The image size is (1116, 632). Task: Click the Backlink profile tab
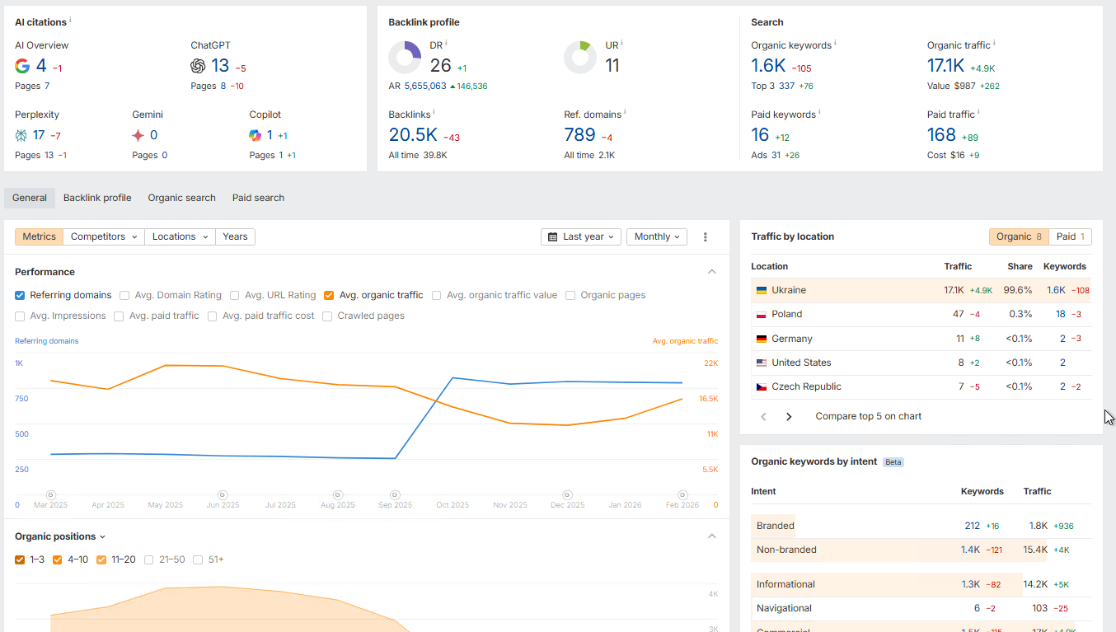[x=97, y=198]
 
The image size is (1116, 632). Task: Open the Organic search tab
[x=181, y=198]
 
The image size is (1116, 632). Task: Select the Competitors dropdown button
[x=103, y=236]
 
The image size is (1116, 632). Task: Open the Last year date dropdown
[x=582, y=236]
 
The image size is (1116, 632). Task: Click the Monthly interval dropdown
[x=657, y=236]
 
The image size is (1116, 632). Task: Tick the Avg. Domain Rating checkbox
[x=124, y=295]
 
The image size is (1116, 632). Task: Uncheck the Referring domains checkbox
[x=20, y=295]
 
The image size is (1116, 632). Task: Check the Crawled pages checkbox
[x=327, y=316]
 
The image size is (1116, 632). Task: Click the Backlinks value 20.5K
[x=412, y=135]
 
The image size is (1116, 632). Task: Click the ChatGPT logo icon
[x=198, y=66]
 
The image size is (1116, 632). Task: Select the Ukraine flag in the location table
[x=762, y=290]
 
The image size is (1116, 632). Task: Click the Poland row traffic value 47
[x=958, y=314]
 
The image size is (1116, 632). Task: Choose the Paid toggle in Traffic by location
[x=1070, y=236]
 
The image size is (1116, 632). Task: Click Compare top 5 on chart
[x=868, y=416]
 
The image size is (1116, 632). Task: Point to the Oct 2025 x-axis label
[x=452, y=505]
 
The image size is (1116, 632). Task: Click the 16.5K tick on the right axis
[x=708, y=399]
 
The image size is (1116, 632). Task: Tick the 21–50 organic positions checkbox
[x=149, y=559]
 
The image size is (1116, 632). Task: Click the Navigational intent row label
[x=784, y=608]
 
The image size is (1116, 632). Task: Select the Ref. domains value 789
[x=579, y=135]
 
